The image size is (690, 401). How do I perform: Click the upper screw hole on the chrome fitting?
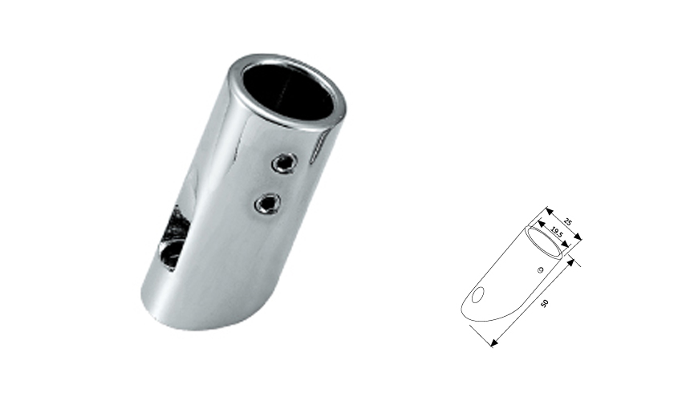(x=282, y=164)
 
